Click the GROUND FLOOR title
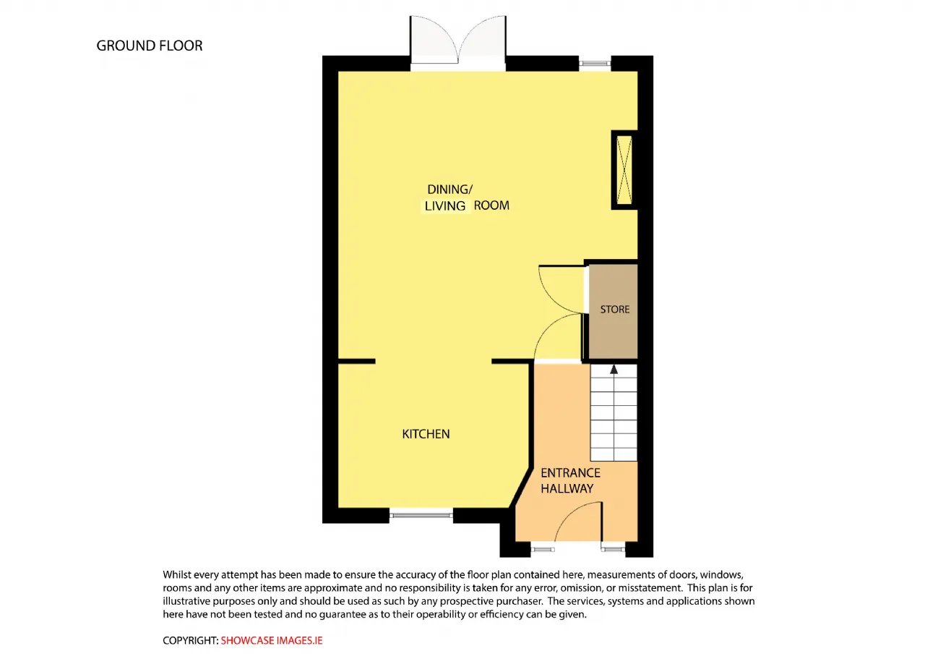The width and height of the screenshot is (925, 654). click(x=150, y=46)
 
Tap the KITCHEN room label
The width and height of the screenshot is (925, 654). click(x=426, y=434)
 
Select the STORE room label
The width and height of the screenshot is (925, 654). click(x=614, y=309)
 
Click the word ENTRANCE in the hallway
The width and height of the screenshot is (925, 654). click(x=570, y=473)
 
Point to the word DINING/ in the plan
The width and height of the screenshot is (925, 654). click(x=449, y=190)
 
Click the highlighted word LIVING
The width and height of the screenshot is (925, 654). click(x=444, y=206)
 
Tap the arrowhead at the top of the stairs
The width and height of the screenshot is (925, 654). click(x=614, y=369)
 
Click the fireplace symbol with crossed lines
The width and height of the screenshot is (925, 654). click(x=624, y=169)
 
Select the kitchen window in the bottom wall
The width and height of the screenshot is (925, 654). click(x=421, y=515)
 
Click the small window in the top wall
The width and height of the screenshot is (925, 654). click(x=595, y=63)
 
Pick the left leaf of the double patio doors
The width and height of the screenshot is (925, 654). click(x=434, y=40)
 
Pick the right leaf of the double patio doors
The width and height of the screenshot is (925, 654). click(x=482, y=40)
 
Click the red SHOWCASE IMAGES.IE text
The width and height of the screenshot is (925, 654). click(x=271, y=640)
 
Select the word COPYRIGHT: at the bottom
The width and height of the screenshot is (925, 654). click(x=190, y=640)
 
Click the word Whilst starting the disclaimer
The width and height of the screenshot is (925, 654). click(x=177, y=574)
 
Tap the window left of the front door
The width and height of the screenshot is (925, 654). click(x=543, y=549)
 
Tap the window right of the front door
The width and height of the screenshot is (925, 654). click(x=614, y=549)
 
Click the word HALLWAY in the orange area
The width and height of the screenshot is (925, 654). click(x=567, y=488)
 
